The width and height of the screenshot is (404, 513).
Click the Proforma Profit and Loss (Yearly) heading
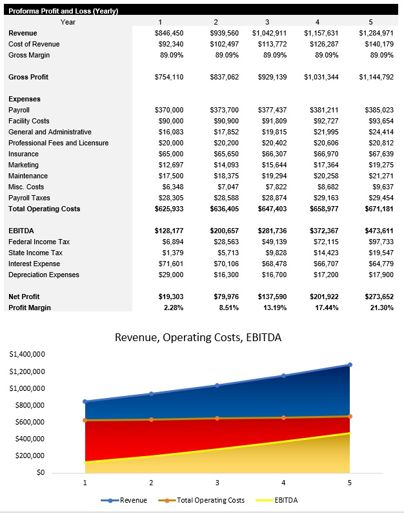pos(63,11)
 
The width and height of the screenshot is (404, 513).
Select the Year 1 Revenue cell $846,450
pos(170,33)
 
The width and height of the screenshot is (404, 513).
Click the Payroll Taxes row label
pos(29,198)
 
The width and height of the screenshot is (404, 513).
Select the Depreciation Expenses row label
pos(44,275)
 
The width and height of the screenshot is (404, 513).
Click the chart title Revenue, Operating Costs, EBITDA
pos(197,337)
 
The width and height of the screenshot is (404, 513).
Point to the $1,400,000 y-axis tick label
pos(27,355)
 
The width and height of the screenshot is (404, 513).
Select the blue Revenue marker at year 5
pos(350,365)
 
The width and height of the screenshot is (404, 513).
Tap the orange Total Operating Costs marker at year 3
pos(217,418)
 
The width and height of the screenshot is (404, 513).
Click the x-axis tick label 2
pos(151,483)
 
